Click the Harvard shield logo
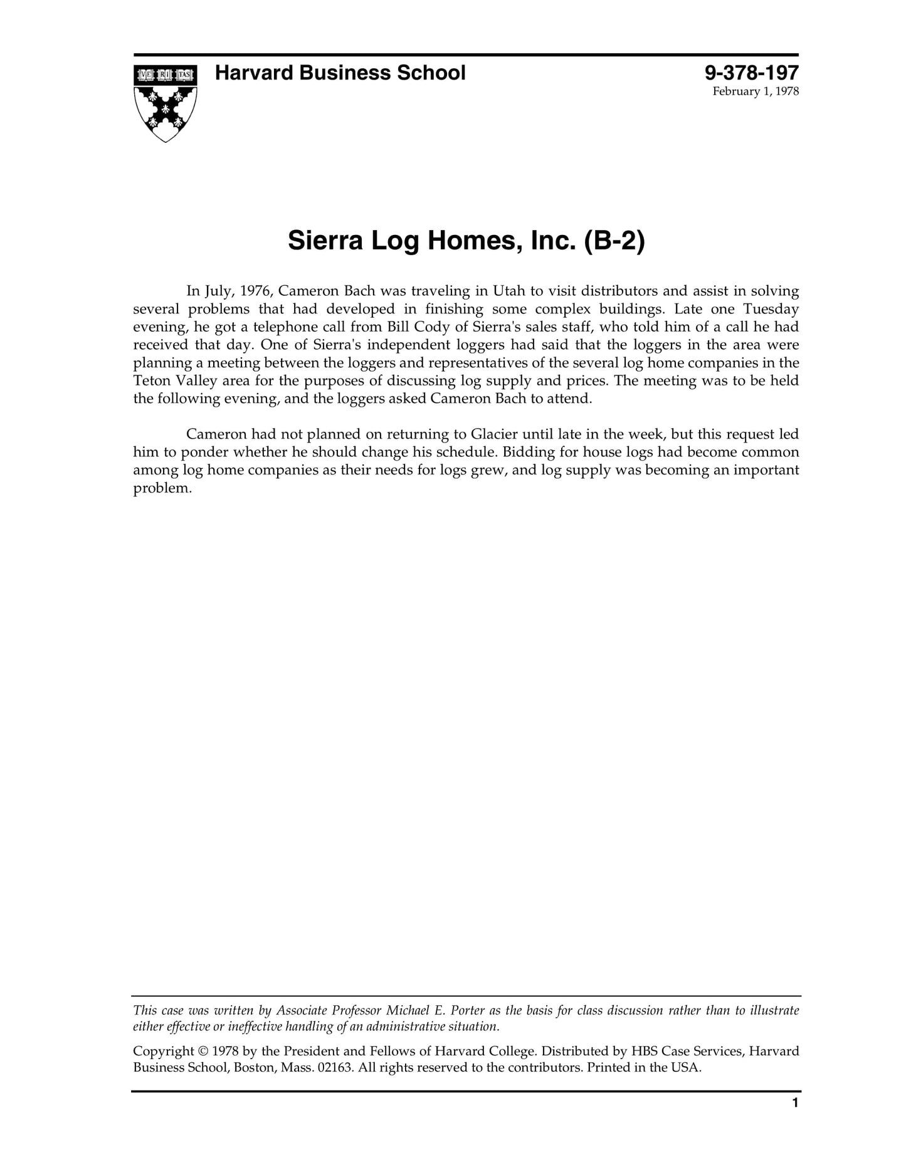pyautogui.click(x=165, y=102)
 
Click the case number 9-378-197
pyautogui.click(x=751, y=73)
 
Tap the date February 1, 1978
pyautogui.click(x=756, y=92)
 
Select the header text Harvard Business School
pyautogui.click(x=340, y=73)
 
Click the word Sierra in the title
pyautogui.click(x=325, y=241)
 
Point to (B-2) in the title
pyautogui.click(x=614, y=241)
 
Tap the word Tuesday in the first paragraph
pyautogui.click(x=771, y=309)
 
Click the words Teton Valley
pyautogui.click(x=174, y=381)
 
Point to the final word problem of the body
pyautogui.click(x=161, y=489)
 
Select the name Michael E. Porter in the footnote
pyautogui.click(x=435, y=1010)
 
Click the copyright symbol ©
pyautogui.click(x=203, y=1051)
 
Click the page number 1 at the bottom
pyautogui.click(x=795, y=1102)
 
